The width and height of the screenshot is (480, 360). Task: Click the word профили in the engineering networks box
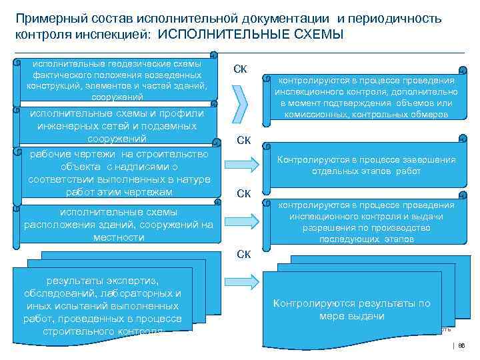tap(179, 113)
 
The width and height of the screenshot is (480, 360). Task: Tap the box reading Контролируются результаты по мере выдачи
tap(351, 309)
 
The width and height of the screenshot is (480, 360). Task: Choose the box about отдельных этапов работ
tap(365, 165)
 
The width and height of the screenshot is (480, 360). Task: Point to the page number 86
tap(461, 346)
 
